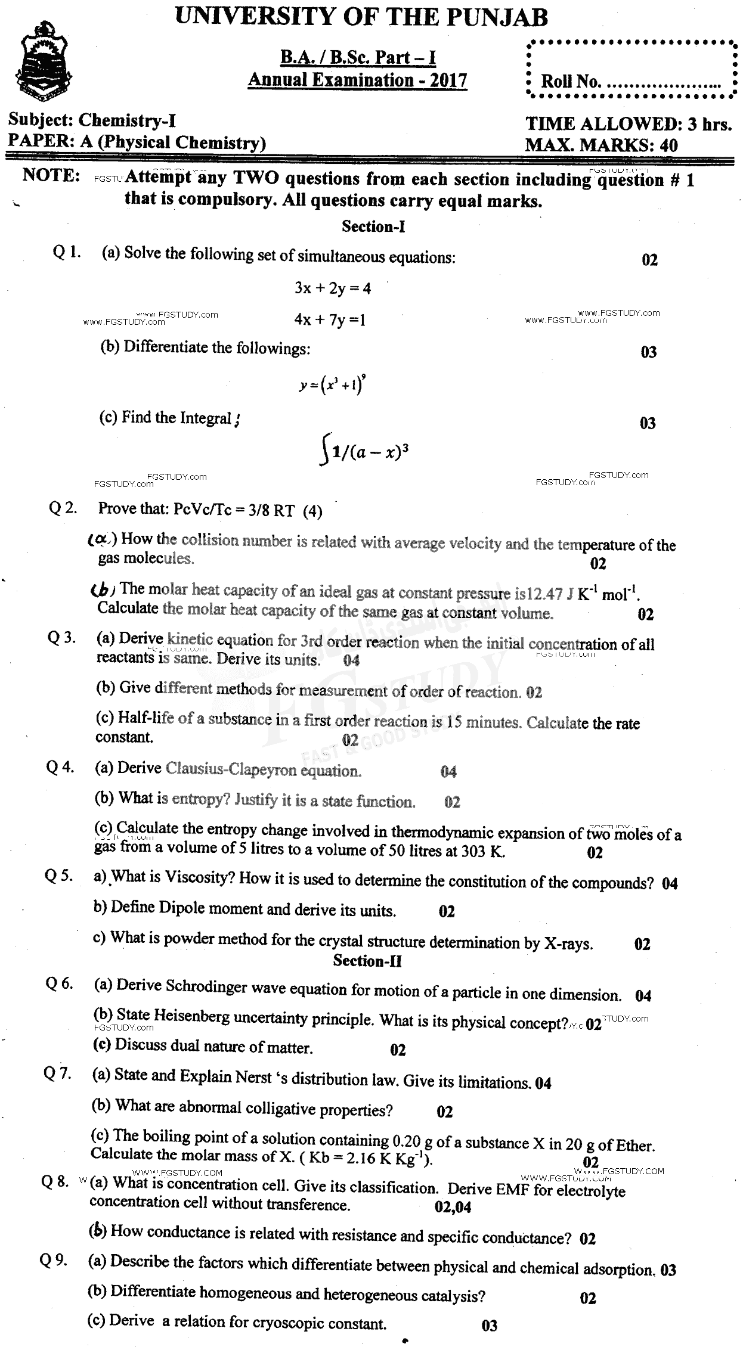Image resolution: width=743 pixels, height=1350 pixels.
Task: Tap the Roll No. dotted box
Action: [631, 69]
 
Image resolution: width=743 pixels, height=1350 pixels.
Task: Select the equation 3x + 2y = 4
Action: [333, 288]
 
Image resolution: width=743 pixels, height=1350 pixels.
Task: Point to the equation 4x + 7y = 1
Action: [330, 320]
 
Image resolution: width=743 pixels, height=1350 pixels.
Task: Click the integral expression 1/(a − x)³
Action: [370, 451]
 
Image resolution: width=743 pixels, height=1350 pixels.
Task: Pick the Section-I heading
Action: [374, 226]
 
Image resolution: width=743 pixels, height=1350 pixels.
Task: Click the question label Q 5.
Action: [59, 876]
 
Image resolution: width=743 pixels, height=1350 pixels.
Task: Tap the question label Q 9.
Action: [54, 1261]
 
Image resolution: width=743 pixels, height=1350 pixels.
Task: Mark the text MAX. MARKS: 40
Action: [601, 145]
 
